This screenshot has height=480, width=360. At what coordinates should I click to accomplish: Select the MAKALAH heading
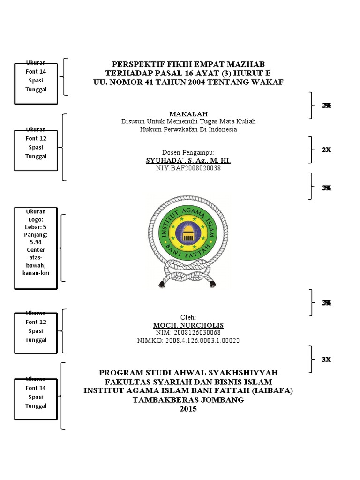pos(188,114)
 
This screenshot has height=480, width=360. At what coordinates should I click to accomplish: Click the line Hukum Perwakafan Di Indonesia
pos(188,129)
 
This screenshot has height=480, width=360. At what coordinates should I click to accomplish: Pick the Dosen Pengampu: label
pos(188,152)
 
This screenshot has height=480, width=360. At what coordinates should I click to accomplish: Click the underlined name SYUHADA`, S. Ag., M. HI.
pos(188,160)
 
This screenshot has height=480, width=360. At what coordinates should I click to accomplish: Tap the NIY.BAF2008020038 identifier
pos(188,168)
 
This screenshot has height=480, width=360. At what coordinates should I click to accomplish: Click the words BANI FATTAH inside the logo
pos(188,254)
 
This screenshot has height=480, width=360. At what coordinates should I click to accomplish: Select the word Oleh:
pos(188,317)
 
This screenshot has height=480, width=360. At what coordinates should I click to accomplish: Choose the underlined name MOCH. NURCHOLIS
pos(188,325)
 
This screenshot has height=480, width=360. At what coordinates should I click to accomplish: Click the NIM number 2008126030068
pos(197,333)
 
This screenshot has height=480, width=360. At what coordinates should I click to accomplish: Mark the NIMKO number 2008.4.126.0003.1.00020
pos(202,341)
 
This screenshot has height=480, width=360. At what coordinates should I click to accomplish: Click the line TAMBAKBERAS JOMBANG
pos(188,400)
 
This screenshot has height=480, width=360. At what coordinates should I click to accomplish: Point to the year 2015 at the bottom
pos(188,409)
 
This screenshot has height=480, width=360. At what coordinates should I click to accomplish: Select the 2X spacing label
pos(326,150)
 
